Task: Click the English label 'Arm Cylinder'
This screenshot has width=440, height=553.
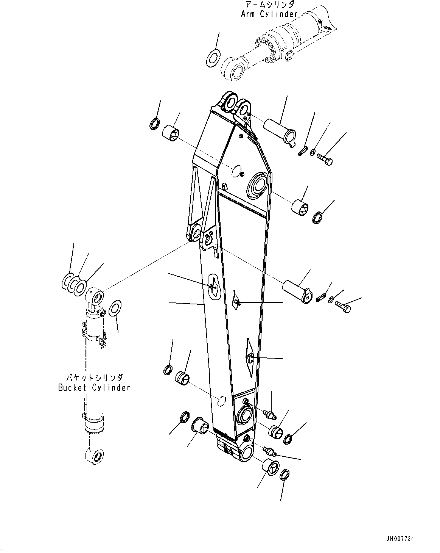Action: tap(269, 14)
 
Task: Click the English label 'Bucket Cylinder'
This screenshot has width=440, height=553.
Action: tap(94, 387)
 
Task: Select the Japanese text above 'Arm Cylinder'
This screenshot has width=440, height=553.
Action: tap(269, 5)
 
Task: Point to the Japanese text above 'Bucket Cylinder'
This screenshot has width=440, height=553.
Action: tap(95, 378)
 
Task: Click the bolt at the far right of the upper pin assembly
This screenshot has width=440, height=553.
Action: tap(325, 160)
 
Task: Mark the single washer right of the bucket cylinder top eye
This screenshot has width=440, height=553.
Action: tap(115, 308)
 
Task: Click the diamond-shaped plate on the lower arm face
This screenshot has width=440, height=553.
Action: tap(249, 357)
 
